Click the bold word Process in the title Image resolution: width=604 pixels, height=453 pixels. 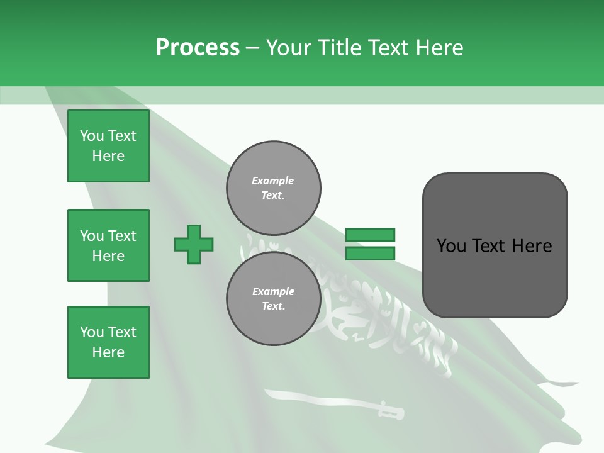point(198,48)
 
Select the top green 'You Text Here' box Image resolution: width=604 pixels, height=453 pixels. point(108,146)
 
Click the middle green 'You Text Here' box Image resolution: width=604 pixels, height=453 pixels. point(108,245)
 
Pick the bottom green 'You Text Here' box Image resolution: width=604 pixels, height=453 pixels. point(108,342)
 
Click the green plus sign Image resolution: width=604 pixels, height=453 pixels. point(194,244)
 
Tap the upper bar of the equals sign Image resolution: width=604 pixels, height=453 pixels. point(370,235)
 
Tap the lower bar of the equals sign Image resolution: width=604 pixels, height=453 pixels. point(370,254)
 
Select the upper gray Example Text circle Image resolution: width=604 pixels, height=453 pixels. point(274,188)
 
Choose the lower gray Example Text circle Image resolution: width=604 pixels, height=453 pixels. point(274,299)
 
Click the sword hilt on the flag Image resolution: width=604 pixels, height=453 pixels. point(391,412)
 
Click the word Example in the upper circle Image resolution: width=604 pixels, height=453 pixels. point(273,181)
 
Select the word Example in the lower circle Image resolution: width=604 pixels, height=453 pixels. point(273,291)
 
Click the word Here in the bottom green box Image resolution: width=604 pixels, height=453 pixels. point(108,352)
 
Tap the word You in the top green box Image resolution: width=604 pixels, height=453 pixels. point(92,136)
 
